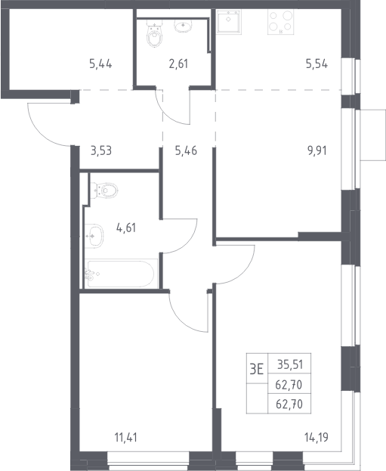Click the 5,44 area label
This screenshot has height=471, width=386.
100,64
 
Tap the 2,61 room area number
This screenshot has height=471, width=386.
178,64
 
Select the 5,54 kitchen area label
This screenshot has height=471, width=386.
317,64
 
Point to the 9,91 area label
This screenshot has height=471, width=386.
317,150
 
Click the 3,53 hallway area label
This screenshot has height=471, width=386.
101,150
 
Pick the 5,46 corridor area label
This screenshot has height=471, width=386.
186,150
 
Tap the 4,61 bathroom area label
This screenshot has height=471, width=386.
126,228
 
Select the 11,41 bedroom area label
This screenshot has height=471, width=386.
126,438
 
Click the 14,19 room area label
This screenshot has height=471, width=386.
317,438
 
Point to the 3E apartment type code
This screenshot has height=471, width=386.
257,369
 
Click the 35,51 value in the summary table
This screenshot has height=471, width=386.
290,364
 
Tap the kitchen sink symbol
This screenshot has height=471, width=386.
229,20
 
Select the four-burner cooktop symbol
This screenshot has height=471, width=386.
281,22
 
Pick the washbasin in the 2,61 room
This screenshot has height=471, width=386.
184,26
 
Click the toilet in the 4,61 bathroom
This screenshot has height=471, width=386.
103,191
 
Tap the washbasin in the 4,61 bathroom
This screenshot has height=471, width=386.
94,236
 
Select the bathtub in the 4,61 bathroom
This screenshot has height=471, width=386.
121,274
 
